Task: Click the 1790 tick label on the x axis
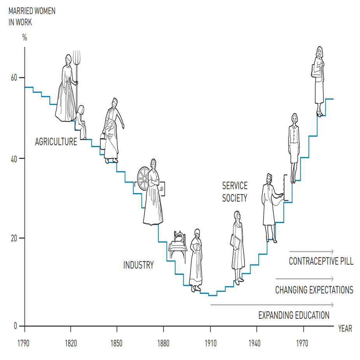(25, 344)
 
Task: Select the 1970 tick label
(302, 344)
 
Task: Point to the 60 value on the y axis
(14, 77)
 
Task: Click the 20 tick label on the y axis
(14, 238)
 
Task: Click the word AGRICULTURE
(56, 142)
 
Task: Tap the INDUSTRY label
(139, 265)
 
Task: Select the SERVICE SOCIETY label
(235, 192)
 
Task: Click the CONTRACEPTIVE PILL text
(321, 261)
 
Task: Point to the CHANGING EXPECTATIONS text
(314, 290)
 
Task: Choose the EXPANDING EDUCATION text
(294, 315)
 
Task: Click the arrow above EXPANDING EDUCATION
(272, 305)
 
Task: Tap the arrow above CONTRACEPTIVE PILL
(311, 251)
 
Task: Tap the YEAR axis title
(345, 328)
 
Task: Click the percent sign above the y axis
(25, 38)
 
